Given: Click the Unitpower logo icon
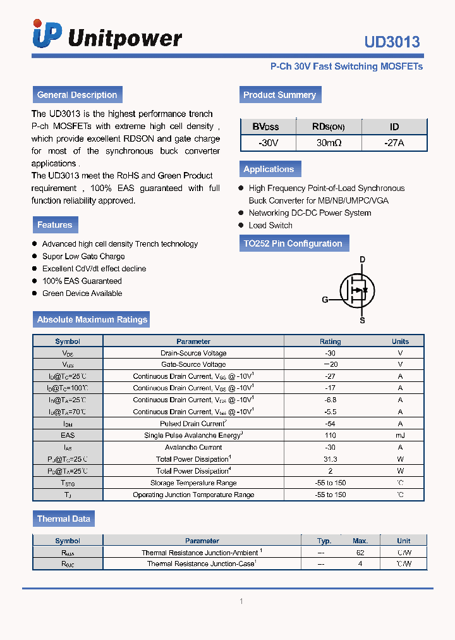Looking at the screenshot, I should [x=47, y=34].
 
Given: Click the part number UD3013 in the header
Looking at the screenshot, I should [x=392, y=42].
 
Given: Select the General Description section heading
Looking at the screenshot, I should [x=77, y=95].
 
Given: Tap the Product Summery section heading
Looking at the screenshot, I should [x=279, y=95].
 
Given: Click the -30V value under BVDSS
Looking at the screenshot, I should [x=268, y=143].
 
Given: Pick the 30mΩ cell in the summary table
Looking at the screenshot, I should [x=329, y=143].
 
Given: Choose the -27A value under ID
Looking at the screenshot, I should [x=394, y=143].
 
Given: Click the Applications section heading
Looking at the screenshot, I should [x=269, y=169].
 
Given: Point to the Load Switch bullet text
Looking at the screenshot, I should [x=270, y=225].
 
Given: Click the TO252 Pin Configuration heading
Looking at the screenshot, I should [x=293, y=243].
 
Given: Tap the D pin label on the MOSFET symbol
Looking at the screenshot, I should [x=362, y=259].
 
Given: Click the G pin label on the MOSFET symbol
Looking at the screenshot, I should [x=325, y=300].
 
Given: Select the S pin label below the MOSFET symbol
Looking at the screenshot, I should [x=362, y=321].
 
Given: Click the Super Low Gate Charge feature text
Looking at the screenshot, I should [x=83, y=256].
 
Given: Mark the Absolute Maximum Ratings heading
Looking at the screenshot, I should [x=92, y=319].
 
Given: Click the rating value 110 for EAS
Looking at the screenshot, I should [x=330, y=435].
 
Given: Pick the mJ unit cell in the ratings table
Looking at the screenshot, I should [x=400, y=435].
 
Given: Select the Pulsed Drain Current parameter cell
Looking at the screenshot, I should [x=193, y=424].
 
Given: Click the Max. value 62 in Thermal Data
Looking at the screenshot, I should [x=360, y=551].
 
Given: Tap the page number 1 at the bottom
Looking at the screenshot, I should [x=241, y=601].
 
